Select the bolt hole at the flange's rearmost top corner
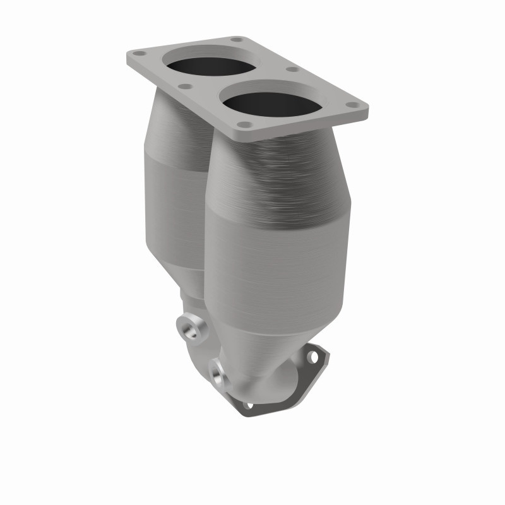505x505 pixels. pos(236,40)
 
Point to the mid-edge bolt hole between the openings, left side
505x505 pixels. pos(185,86)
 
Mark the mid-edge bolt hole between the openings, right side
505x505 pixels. pos(292,69)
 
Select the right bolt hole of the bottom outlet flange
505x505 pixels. pos(312,357)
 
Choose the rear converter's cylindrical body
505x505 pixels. pos(174,208)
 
